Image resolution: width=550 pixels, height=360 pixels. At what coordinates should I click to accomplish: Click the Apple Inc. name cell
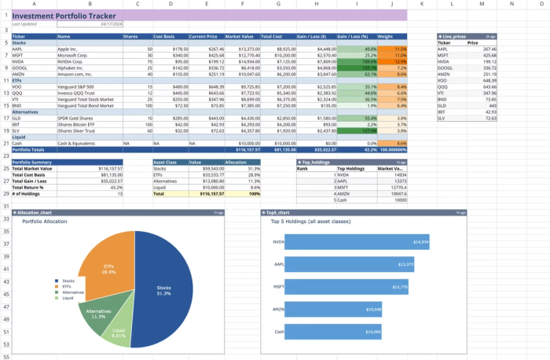click(x=68, y=49)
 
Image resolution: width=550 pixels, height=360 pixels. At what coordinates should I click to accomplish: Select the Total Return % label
click(x=31, y=186)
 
